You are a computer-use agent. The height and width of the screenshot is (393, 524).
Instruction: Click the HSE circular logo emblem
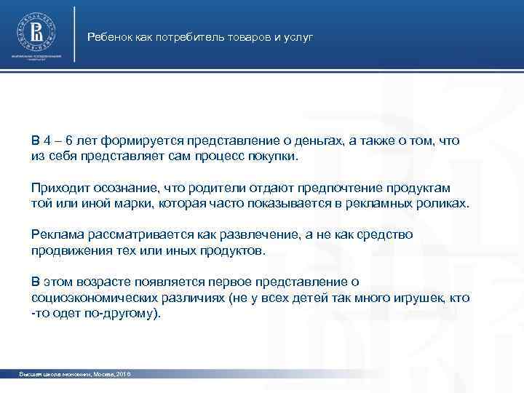(x=35, y=31)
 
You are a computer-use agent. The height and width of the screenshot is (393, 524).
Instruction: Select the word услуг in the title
(x=298, y=36)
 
